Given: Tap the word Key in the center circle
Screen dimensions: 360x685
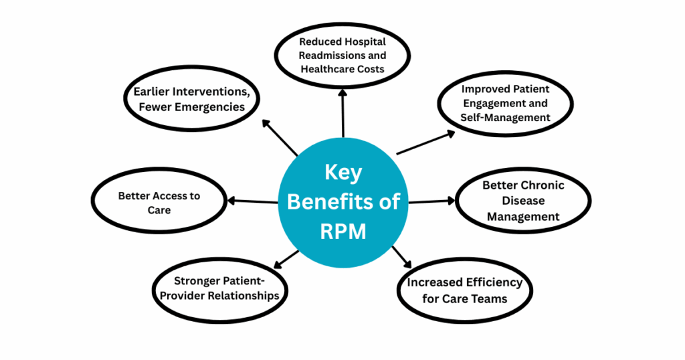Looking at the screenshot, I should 342,173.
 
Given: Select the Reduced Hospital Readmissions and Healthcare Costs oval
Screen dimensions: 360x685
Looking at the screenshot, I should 342,56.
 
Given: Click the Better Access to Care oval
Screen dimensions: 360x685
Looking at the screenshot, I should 159,203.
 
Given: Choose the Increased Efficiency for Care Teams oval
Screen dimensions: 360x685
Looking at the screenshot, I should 465,290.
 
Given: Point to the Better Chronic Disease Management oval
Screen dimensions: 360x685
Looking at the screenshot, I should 523,201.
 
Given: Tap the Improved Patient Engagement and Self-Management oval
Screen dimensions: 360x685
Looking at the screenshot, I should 505,104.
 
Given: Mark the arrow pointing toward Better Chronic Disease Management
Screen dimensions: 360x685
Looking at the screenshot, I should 431,201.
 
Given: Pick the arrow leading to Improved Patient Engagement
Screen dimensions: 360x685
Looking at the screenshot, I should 425,143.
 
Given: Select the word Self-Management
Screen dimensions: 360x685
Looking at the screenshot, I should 505,117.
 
